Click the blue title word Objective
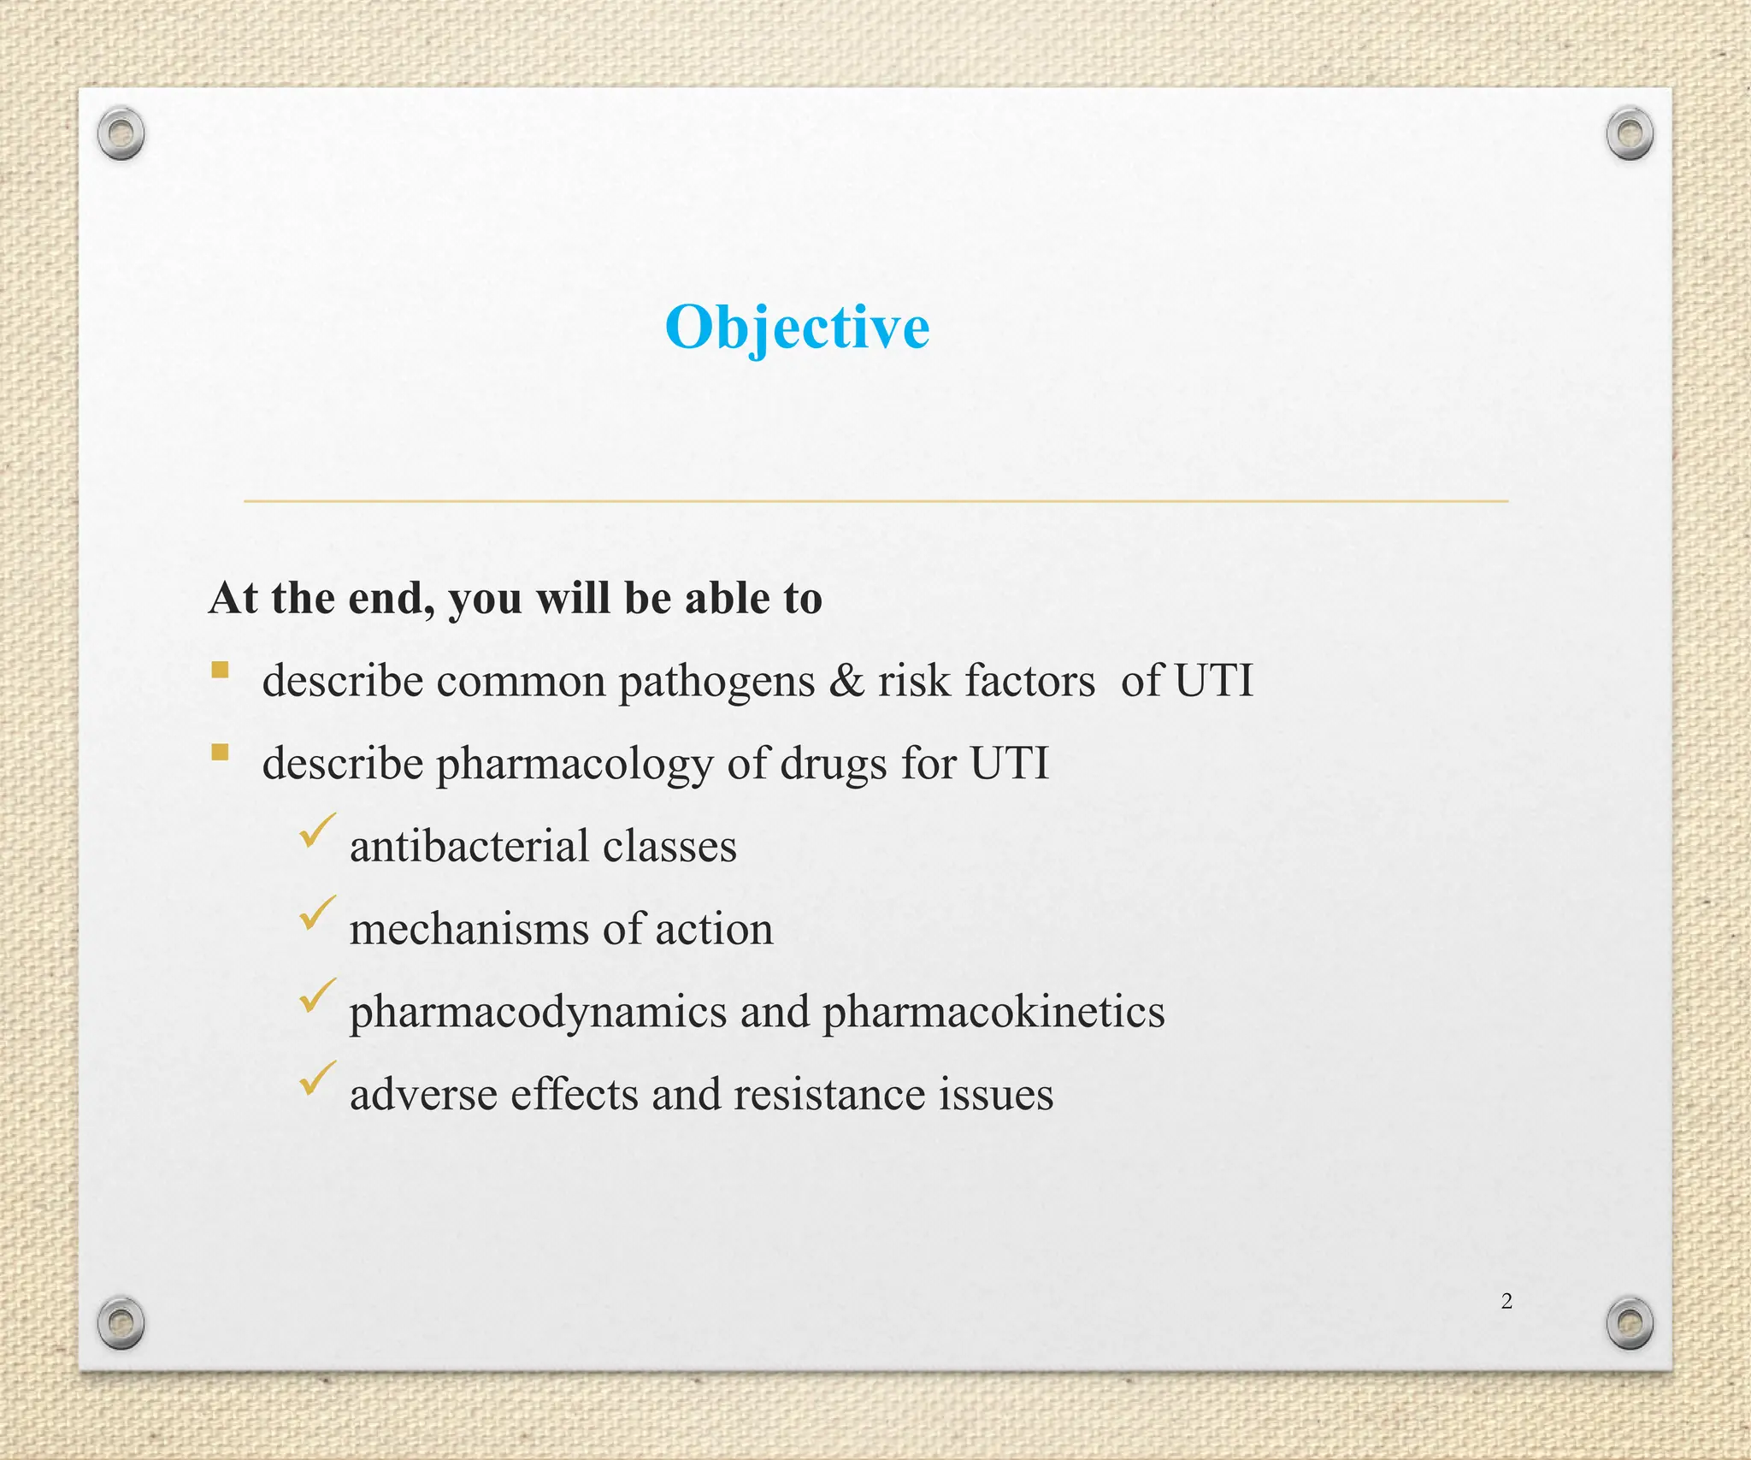click(797, 328)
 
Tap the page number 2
click(1506, 1301)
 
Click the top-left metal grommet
click(121, 133)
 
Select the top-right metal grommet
click(1630, 133)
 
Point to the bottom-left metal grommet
click(121, 1323)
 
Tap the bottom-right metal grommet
click(1630, 1323)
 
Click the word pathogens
click(716, 683)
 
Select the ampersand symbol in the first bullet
click(846, 681)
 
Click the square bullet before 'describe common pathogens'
click(221, 670)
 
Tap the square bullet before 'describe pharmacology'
click(221, 753)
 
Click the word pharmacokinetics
click(993, 1012)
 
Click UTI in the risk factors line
click(1213, 681)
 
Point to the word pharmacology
click(575, 765)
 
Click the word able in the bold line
click(728, 598)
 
